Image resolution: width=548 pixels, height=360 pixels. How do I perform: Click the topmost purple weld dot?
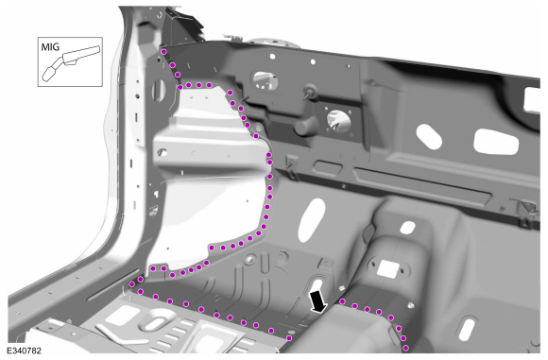(164, 51)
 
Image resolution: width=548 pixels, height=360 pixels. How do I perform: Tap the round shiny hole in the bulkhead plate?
(338, 118)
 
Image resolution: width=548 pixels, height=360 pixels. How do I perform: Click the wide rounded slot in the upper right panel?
(494, 140)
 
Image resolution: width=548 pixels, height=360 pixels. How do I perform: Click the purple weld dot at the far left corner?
(130, 283)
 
